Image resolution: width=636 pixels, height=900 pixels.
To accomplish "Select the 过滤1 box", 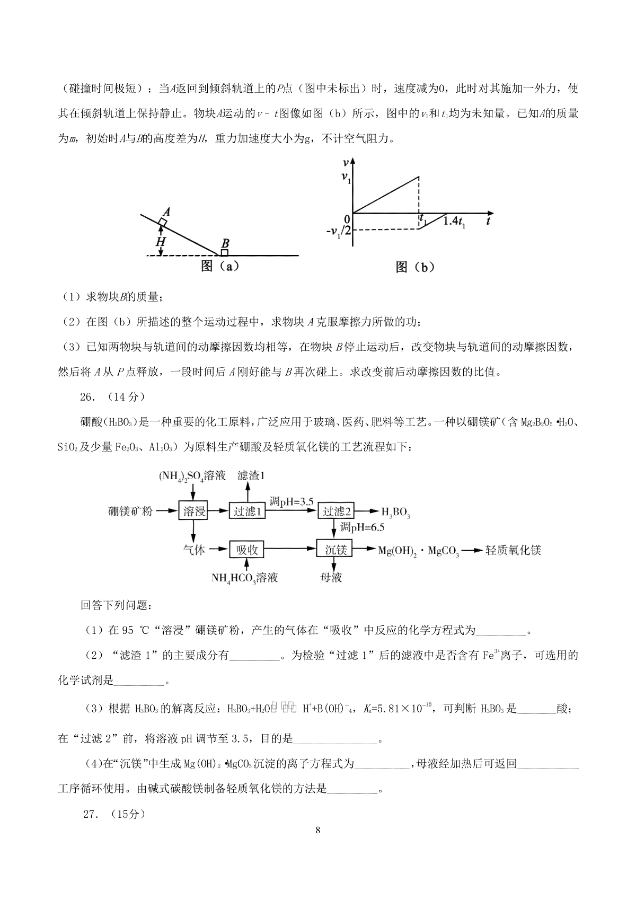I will point(246,511).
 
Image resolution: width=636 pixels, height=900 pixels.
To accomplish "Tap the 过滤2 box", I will point(336,511).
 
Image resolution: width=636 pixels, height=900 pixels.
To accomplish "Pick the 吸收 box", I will point(246,550).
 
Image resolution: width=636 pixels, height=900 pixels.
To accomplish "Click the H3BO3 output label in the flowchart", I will point(396,513).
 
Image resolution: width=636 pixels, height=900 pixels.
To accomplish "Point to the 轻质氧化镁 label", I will point(513,550).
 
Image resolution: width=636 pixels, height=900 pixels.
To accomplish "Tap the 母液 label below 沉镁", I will point(331,577).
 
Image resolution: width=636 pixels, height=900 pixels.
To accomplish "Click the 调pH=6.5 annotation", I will point(363,527).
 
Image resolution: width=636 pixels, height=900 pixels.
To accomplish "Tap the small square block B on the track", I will point(225,252).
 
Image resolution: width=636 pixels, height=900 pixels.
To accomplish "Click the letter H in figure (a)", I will point(161,241).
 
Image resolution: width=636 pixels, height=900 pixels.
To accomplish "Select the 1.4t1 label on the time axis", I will point(455,222).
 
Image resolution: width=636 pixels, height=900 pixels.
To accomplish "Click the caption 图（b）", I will point(415,268).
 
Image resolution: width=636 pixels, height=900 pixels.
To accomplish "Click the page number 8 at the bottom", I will point(317,845).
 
